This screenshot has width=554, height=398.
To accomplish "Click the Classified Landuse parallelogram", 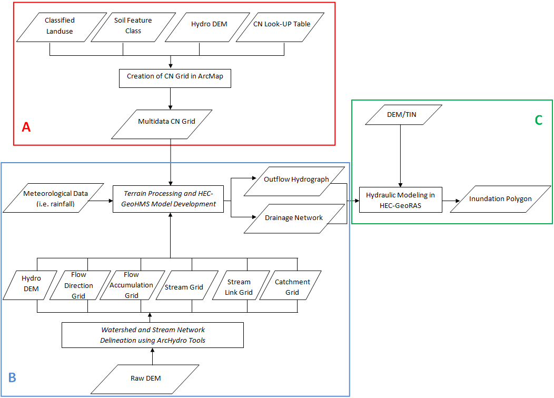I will click(x=59, y=26).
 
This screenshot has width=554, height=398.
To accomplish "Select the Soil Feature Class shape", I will click(x=133, y=26).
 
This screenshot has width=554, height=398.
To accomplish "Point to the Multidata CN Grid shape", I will click(x=166, y=122).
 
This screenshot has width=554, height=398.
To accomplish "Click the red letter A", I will click(x=26, y=127).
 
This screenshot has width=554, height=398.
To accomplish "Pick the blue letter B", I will click(x=12, y=377).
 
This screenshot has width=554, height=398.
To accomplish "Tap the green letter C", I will click(x=538, y=120).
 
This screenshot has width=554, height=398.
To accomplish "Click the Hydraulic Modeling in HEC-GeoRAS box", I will click(x=401, y=200).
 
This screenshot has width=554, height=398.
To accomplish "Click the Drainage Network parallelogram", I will click(x=294, y=218).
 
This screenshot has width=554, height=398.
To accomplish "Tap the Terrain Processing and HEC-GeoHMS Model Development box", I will click(x=167, y=199).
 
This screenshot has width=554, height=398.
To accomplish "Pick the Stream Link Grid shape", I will click(x=239, y=287).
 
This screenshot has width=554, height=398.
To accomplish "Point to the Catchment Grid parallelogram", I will click(x=292, y=287).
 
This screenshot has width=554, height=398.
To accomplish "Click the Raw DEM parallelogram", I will click(x=145, y=378).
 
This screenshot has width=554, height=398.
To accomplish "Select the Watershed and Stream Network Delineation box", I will click(x=153, y=335).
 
